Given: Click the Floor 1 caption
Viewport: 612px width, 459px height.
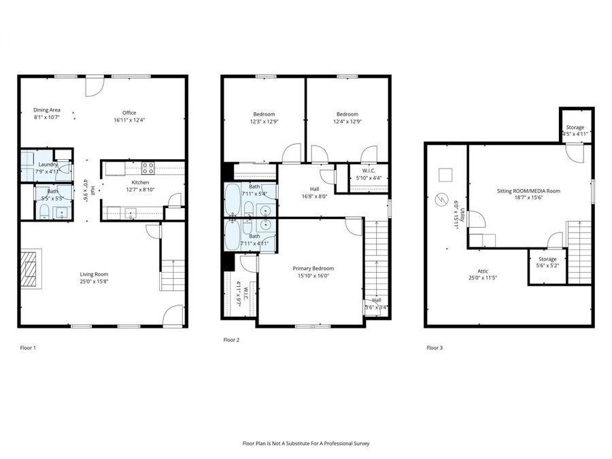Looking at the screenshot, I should coord(28,347).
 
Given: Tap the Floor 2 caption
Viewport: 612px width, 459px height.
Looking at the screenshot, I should coord(231,339).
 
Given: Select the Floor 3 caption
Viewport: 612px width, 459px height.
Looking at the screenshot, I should coord(434,347).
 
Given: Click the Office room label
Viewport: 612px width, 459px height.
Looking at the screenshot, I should coord(129,113).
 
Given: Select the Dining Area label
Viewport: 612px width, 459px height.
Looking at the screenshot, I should coord(48,110).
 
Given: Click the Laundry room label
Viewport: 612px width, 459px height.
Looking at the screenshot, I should coord(48,164).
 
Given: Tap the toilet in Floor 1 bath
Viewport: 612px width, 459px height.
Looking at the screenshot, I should coord(41,214).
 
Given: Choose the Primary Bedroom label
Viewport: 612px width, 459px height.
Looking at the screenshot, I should coord(313,269).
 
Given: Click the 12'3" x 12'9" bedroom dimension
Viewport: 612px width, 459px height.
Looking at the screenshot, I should coord(265,122).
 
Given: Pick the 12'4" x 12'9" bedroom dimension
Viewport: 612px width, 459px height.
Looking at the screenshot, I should coord(347,122).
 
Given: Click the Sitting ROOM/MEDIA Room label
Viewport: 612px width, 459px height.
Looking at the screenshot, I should coord(528,192).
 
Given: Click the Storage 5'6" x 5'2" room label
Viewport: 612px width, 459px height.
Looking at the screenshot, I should coord(547,259).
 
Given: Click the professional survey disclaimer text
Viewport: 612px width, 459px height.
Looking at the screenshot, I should coord(305,443).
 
